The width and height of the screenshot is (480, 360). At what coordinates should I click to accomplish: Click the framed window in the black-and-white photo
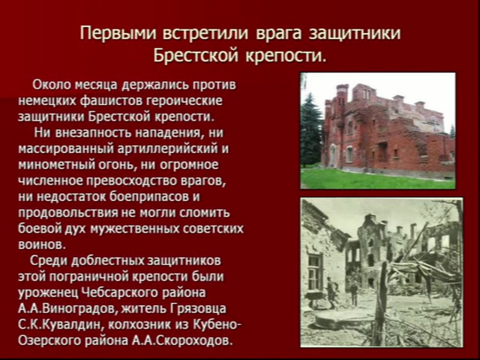(315, 271)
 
